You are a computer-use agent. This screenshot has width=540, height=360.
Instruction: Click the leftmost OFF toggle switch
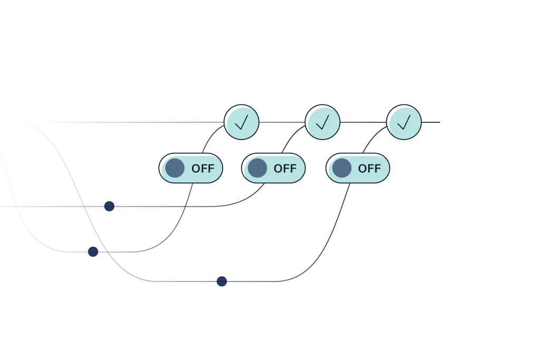coord(191,168)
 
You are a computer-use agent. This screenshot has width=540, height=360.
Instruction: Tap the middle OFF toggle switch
coord(273,168)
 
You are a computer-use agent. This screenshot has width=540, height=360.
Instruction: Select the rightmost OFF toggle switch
coord(358,168)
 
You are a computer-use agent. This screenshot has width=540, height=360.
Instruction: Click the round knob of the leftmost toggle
coord(175,168)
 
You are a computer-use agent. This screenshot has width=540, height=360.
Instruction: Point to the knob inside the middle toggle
coord(257,168)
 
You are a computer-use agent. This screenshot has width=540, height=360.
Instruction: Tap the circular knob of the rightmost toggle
coord(342,168)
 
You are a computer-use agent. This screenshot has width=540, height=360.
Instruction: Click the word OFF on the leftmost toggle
coord(203,169)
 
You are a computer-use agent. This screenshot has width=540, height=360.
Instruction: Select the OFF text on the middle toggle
coord(285,169)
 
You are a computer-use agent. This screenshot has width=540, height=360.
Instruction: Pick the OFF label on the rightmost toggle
coord(369,169)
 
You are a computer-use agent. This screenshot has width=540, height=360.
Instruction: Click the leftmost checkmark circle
coord(242,122)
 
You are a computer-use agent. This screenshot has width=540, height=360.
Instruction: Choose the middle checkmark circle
coord(322,122)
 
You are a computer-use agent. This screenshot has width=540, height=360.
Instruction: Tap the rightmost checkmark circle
coord(403,122)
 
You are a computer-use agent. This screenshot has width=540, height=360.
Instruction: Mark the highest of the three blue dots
coord(109,206)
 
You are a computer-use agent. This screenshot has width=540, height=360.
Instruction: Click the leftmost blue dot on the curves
coord(93,251)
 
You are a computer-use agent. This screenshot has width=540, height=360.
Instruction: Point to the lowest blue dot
coord(221,280)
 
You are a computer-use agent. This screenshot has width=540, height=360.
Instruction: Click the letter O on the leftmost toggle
coord(196,169)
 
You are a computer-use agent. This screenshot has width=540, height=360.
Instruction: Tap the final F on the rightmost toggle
coord(377,169)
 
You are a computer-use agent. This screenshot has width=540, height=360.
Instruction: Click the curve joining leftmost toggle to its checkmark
coord(209,138)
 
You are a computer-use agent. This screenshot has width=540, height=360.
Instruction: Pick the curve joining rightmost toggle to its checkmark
coord(371,138)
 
